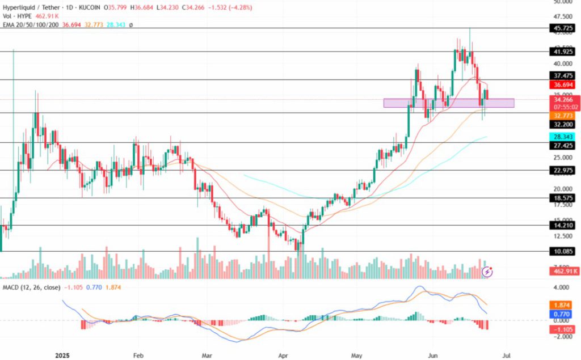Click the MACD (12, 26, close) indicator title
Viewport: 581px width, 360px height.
coord(27,287)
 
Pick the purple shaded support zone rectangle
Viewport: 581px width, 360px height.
coord(448,103)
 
